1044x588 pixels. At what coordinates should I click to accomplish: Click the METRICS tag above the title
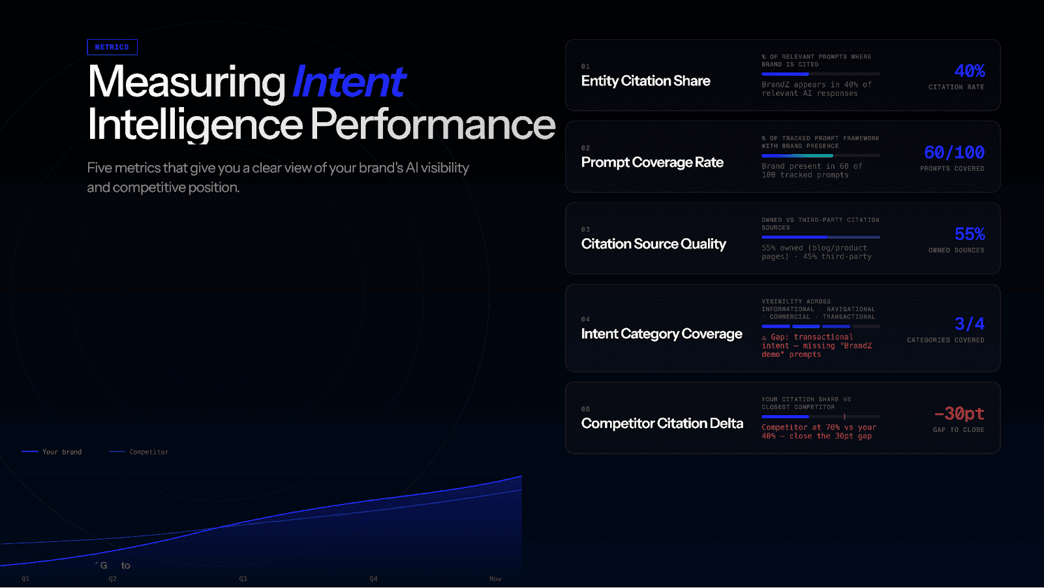(112, 47)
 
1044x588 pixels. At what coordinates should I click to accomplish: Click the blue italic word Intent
(348, 82)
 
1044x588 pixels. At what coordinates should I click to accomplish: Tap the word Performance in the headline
(432, 124)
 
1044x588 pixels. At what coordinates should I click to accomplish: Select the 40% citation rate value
(969, 70)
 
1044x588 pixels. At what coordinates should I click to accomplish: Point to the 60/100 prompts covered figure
(954, 152)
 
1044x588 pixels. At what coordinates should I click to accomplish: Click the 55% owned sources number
(969, 234)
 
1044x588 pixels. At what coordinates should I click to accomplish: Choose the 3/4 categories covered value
(969, 324)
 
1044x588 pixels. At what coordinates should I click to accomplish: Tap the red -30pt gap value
(959, 413)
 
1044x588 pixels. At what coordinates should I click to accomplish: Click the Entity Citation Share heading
(645, 81)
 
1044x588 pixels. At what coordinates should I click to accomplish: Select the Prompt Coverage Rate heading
(652, 162)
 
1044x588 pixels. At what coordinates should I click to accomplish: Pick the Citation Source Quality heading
(653, 244)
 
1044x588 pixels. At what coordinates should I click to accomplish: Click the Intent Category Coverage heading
(662, 334)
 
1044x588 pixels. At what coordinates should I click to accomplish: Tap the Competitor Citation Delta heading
(662, 424)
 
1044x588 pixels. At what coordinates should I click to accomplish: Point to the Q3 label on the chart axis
(243, 579)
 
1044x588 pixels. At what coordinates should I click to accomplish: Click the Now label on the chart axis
(495, 579)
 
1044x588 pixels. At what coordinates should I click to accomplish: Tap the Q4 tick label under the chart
(373, 579)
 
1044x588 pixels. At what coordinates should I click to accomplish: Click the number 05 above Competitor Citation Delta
(585, 409)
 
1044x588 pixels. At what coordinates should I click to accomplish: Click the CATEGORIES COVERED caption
(945, 340)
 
